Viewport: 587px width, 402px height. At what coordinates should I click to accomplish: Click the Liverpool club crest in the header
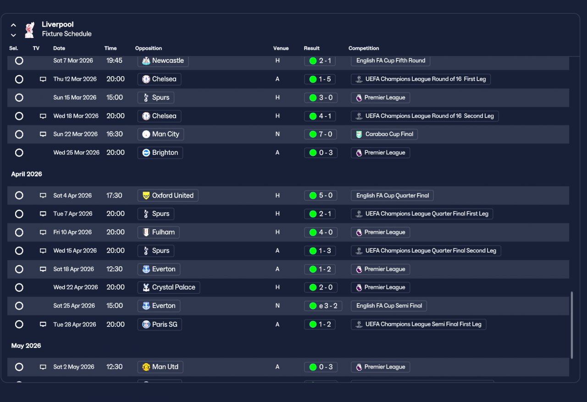30,30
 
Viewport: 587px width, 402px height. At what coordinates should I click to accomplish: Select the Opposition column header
148,48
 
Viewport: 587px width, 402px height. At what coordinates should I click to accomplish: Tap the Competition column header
364,48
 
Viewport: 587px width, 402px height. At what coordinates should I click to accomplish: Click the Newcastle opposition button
163,61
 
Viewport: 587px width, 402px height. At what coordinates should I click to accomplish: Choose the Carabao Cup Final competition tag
384,134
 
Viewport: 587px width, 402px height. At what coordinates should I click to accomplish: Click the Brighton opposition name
165,153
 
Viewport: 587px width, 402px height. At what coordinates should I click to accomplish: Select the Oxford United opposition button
168,195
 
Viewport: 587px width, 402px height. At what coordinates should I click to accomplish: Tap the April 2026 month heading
27,174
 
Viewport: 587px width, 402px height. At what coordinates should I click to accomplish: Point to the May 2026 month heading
26,346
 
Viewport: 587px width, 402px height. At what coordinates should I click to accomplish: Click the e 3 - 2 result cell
323,306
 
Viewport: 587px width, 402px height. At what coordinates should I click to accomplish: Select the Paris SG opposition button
160,325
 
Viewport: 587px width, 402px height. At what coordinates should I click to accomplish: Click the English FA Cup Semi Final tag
389,306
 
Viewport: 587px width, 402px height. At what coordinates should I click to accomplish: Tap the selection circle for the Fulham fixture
19,232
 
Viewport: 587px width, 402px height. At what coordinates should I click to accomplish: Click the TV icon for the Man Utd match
43,367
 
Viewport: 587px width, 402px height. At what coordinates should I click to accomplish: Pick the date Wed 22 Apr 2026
76,287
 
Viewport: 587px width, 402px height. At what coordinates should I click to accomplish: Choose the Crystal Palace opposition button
168,287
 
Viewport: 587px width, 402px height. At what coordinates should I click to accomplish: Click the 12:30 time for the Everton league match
114,269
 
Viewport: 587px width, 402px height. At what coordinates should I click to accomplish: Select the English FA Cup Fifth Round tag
390,61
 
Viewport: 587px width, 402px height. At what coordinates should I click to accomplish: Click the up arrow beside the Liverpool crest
13,25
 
